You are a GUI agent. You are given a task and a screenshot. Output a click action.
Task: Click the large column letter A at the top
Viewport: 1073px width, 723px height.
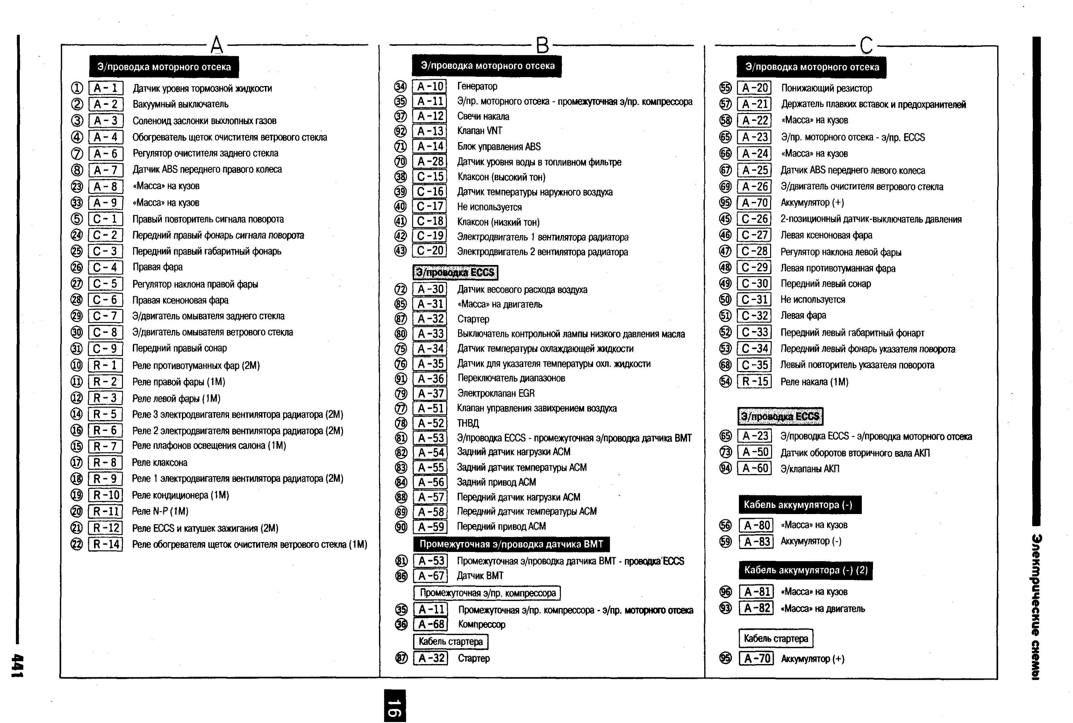point(217,45)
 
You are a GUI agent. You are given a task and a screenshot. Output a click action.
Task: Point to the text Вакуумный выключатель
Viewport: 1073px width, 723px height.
point(180,104)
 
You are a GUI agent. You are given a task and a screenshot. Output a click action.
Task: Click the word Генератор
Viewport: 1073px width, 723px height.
point(477,86)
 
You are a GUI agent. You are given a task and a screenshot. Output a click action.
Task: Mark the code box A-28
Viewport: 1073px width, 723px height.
point(430,161)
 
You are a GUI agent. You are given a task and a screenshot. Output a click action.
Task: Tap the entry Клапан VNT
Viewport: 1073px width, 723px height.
point(479,131)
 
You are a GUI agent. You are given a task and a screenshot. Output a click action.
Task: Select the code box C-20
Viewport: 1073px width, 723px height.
point(430,251)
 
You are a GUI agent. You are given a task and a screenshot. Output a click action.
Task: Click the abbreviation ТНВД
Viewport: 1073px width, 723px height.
point(468,423)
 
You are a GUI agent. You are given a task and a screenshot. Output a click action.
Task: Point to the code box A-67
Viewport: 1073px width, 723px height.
point(430,576)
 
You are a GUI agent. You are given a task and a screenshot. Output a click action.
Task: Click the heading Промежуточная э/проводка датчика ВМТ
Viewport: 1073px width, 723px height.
point(511,544)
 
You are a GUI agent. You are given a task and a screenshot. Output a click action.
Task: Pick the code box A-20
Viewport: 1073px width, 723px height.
point(754,88)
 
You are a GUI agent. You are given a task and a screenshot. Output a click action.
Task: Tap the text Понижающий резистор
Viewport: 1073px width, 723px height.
point(826,88)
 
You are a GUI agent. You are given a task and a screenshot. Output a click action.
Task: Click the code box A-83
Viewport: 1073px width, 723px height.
point(756,541)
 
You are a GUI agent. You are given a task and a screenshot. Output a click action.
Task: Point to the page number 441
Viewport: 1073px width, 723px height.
point(17,665)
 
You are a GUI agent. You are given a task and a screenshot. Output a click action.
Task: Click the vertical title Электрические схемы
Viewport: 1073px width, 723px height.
point(1036,606)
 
